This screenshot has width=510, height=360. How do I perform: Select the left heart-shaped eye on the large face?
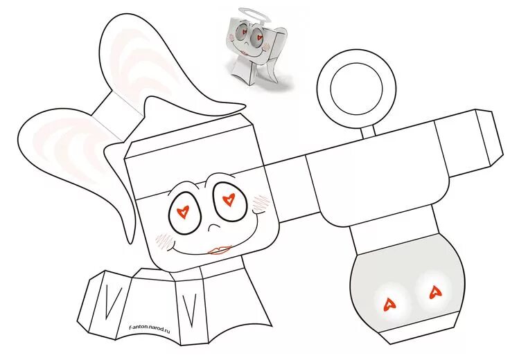(184, 210)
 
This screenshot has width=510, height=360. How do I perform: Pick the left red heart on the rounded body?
(389, 301)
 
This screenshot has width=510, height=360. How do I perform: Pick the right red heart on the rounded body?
(435, 292)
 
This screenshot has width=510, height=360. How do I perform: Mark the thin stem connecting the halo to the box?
(371, 129)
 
